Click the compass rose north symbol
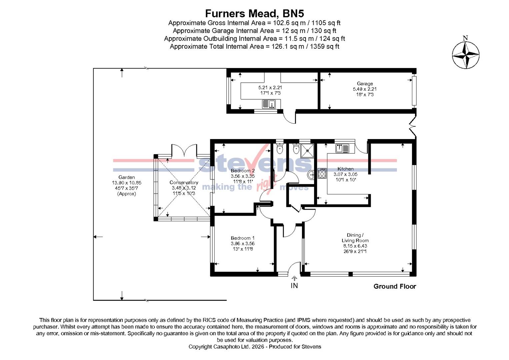[x=465, y=54]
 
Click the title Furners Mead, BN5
[x=254, y=13]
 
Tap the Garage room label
[x=365, y=84]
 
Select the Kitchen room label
[x=345, y=169]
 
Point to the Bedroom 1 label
[x=243, y=238]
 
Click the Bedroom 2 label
[x=243, y=171]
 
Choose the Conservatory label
[x=184, y=183]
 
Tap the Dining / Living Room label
[x=355, y=238]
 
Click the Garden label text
[x=127, y=177]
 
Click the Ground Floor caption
[x=395, y=286]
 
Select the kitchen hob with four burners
[x=322, y=173]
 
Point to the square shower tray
[x=307, y=151]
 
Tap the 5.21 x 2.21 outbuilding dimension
[x=270, y=88]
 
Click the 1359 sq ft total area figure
[x=324, y=46]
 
